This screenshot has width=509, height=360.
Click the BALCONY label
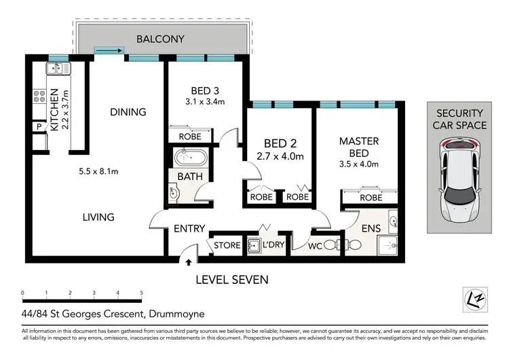click(x=160, y=39)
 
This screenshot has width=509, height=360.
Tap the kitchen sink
click(x=58, y=69)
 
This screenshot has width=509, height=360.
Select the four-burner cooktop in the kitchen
click(x=39, y=96)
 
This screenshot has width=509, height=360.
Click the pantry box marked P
click(x=39, y=127)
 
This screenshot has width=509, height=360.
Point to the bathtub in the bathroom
click(x=190, y=158)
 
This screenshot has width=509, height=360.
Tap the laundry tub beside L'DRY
click(x=254, y=246)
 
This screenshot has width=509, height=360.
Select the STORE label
click(x=227, y=245)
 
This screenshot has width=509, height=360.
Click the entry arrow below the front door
click(x=189, y=262)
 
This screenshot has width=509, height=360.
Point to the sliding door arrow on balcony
click(x=109, y=50)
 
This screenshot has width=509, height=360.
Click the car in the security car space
click(x=459, y=180)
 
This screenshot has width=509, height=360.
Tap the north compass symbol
click(x=475, y=300)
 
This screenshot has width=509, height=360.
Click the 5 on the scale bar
click(x=142, y=293)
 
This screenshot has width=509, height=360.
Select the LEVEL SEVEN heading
click(x=232, y=280)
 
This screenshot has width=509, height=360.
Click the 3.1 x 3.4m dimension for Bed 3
click(x=205, y=102)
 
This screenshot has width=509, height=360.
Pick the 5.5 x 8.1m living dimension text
click(x=98, y=171)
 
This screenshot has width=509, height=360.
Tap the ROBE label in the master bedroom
click(x=371, y=198)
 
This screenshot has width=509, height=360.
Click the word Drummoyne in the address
click(x=177, y=314)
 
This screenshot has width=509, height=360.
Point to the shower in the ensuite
click(x=388, y=246)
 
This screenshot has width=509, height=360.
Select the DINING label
click(x=128, y=112)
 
